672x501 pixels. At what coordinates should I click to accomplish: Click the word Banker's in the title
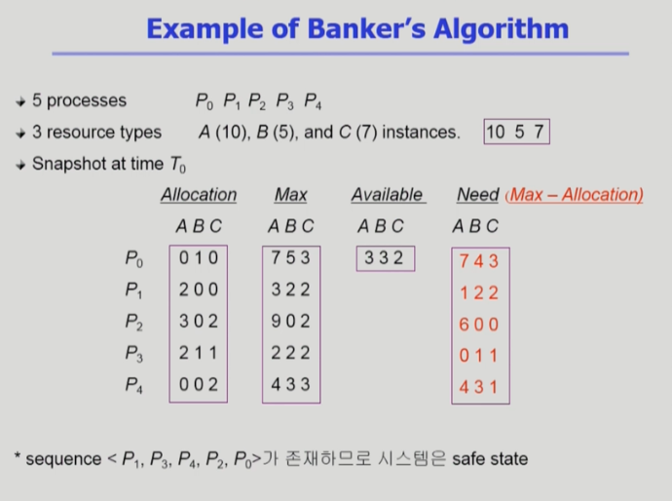366,28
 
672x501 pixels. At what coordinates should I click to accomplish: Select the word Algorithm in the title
501,29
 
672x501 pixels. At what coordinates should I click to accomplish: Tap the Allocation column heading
199,195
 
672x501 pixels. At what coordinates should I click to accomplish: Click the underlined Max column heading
291,195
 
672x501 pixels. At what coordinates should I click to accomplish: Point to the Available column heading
389,195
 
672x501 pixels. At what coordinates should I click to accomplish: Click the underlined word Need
478,195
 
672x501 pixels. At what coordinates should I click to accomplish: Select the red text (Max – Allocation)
575,195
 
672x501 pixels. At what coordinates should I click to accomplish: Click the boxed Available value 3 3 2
385,257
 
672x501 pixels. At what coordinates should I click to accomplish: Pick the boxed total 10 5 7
516,132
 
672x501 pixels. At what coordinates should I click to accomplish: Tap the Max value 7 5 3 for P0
290,257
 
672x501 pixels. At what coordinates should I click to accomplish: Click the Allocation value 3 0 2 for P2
199,322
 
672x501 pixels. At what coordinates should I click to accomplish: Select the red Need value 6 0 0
479,325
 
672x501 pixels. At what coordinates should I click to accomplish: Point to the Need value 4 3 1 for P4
478,387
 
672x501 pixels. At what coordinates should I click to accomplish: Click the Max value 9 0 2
290,322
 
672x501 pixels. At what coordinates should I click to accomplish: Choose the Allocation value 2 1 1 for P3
198,353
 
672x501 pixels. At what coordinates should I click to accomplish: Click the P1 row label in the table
133,290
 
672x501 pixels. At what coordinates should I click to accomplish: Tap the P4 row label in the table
133,385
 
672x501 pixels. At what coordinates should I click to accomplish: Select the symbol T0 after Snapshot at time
178,165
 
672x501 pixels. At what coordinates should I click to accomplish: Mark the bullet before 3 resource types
20,134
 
